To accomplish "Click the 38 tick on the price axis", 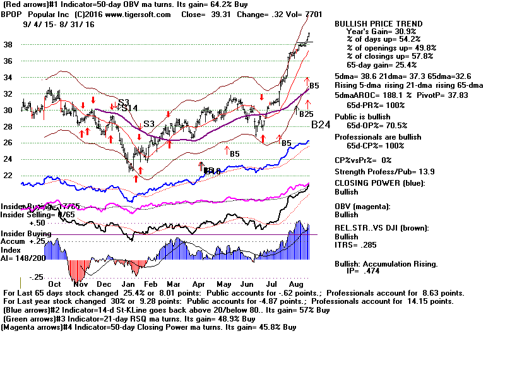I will pyautogui.click(x=8, y=44).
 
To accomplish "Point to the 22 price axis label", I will pyautogui.click(x=8, y=176).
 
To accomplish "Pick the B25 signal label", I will pyautogui.click(x=306, y=114).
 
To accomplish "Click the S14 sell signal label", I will pyautogui.click(x=129, y=108).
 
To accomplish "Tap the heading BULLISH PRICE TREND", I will pyautogui.click(x=379, y=24).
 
